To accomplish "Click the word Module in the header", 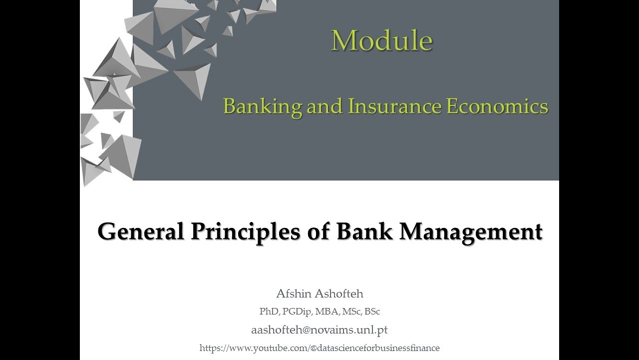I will [381, 40].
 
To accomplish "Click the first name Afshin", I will [295, 293].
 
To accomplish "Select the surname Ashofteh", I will [340, 293].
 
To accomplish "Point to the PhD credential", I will [269, 311].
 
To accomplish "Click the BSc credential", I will [372, 311].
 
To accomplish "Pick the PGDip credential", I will [297, 312].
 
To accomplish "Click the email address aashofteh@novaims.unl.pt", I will [319, 330].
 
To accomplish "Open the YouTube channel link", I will [319, 348].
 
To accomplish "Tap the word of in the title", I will [319, 231].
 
